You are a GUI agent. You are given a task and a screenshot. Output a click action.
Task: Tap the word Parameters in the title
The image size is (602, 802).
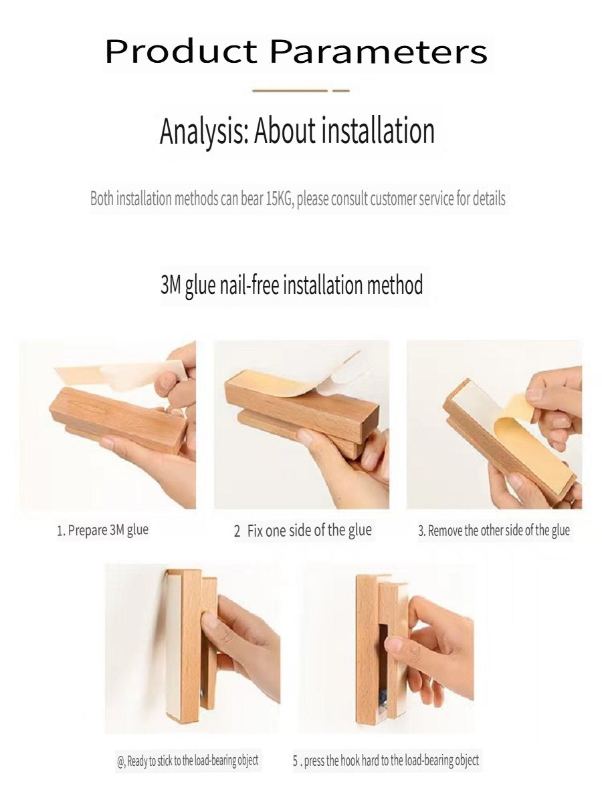tap(379, 51)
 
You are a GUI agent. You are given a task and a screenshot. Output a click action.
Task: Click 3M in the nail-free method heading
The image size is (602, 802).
tap(171, 285)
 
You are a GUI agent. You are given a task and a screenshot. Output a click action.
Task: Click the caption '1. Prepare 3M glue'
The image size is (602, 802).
tap(103, 530)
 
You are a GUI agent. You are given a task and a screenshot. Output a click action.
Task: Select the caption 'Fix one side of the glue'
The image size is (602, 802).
tap(309, 531)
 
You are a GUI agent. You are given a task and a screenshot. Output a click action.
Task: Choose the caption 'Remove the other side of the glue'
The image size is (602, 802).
tap(499, 531)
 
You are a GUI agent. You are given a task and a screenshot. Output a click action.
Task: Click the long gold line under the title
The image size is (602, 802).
tap(290, 91)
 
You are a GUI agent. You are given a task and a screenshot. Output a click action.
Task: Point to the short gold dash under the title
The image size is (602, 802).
tap(341, 91)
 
